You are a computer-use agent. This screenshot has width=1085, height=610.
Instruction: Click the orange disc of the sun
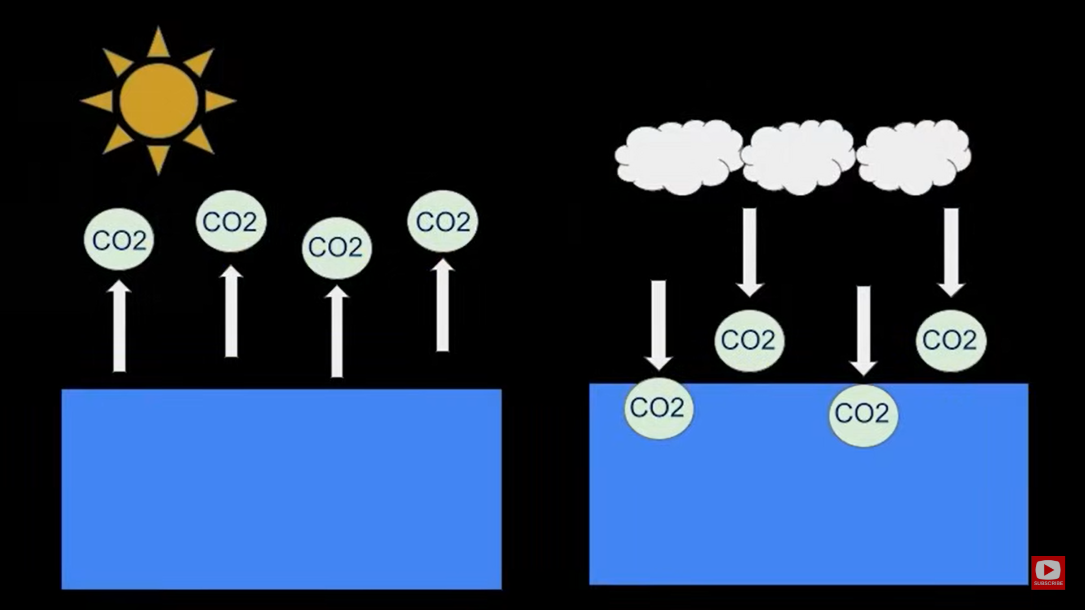(x=159, y=101)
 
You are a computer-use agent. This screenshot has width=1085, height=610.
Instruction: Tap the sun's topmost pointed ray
(x=158, y=44)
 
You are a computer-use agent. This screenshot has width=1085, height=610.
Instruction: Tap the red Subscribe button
(x=1048, y=573)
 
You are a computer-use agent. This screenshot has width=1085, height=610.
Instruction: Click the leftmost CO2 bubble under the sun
(x=119, y=239)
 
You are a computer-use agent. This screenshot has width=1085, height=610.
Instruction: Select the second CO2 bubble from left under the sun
(x=231, y=221)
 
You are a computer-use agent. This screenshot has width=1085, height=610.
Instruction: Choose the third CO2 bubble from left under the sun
(x=336, y=247)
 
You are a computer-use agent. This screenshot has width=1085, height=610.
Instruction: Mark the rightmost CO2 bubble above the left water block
(x=442, y=221)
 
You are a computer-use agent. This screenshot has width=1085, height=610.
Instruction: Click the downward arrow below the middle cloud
(x=750, y=252)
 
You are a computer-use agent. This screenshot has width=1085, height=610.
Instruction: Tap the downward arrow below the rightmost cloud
(x=951, y=252)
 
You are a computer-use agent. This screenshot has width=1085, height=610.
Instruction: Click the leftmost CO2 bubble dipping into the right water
(x=658, y=408)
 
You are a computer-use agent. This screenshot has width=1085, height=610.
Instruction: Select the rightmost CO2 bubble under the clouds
(x=951, y=340)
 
